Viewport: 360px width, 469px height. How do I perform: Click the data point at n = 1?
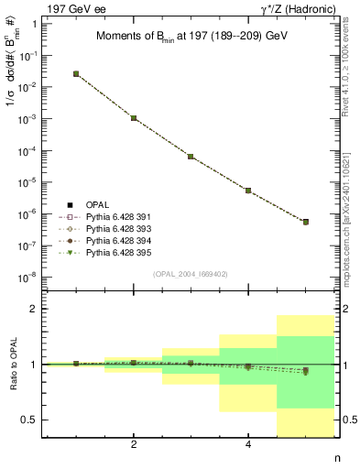point(76,73)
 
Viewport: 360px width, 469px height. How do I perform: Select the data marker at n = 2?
point(134,118)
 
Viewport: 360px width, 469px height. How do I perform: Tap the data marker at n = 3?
point(191,157)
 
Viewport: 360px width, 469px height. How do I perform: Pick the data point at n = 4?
point(248,191)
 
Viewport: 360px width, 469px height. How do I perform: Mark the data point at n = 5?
point(306,222)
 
